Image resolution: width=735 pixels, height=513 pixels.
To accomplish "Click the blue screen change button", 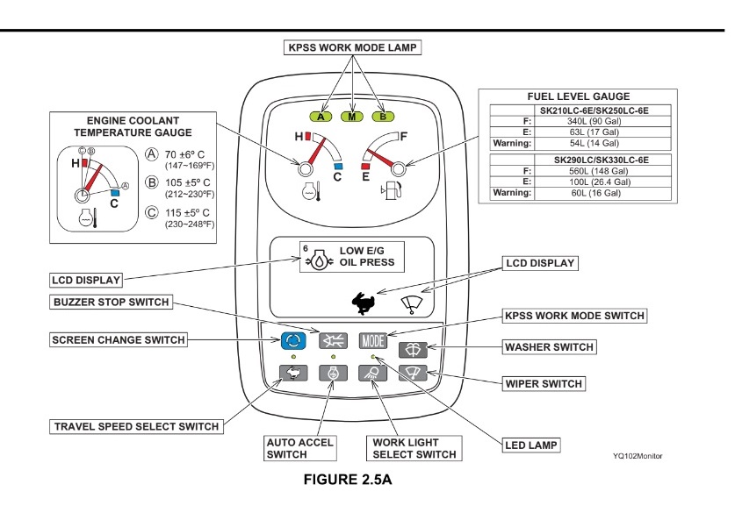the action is (293, 340).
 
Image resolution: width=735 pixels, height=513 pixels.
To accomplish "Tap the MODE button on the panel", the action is (373, 340).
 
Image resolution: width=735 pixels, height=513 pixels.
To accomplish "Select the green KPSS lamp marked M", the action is (351, 117).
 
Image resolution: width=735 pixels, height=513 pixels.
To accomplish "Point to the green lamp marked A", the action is (321, 117).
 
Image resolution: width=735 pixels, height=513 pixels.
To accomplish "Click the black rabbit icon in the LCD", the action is (363, 303).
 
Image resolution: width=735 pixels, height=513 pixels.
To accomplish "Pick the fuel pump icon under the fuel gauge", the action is (392, 189).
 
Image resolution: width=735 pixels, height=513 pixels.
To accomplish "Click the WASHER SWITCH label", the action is (549, 347).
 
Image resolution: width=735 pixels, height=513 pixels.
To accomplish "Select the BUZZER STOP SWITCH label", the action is (112, 302).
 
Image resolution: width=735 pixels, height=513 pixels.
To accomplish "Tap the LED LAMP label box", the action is (531, 445).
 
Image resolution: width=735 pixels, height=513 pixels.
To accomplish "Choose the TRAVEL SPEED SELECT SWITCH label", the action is (136, 426).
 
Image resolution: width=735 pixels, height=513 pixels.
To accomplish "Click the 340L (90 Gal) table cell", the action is (594, 121).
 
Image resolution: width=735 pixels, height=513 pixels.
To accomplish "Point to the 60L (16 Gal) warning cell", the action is (595, 193).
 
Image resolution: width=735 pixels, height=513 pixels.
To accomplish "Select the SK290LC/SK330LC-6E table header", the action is (602, 160).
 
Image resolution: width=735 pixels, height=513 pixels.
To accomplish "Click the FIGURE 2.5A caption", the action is (348, 480).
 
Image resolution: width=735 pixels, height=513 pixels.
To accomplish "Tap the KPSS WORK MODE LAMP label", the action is (352, 47).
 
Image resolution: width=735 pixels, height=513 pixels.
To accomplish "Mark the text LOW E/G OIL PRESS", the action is (366, 256).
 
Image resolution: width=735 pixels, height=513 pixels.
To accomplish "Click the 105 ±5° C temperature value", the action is (188, 182).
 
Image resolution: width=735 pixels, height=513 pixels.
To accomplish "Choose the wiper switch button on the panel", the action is (413, 373).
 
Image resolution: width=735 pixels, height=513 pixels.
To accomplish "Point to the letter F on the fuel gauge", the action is (404, 136).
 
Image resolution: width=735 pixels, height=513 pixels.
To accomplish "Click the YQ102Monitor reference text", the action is (638, 456).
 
